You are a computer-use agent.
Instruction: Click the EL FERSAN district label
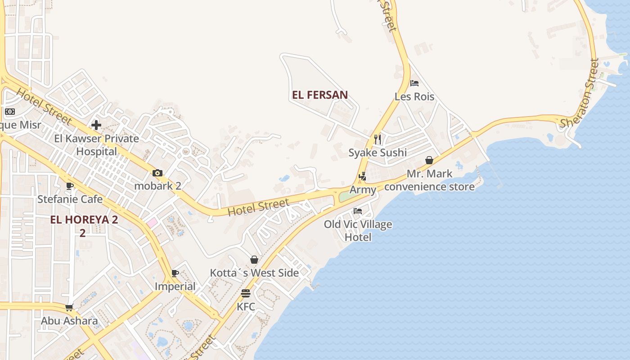319,95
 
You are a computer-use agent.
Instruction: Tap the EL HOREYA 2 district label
84,220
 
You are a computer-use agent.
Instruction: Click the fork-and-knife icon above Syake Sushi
378,139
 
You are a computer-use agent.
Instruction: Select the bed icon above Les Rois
414,83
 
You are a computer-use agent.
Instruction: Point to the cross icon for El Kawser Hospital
96,125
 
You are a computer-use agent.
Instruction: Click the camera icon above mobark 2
157,173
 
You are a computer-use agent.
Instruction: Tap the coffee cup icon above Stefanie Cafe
70,186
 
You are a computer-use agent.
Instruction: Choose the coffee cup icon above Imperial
175,273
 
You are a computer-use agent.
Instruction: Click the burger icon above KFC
246,293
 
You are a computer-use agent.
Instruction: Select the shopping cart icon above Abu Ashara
69,308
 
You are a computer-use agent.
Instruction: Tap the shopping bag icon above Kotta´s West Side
254,260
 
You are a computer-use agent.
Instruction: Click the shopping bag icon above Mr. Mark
429,160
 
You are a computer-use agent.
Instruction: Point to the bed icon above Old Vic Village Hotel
358,211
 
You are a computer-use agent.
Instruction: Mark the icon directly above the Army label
363,176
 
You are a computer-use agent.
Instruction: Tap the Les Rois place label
414,97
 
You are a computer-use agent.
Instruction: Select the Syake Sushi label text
378,153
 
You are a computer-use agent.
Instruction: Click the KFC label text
246,307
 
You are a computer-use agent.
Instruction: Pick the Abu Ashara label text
69,321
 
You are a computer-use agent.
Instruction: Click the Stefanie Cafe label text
70,199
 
